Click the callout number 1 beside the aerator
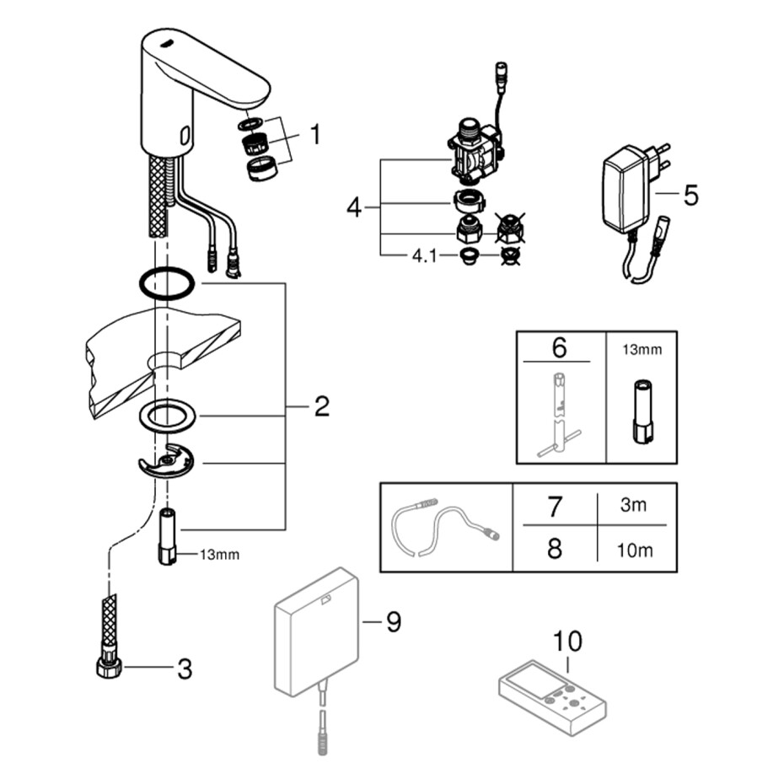(x=315, y=135)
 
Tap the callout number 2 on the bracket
(x=321, y=406)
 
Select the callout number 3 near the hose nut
(x=185, y=669)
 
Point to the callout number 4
(x=354, y=207)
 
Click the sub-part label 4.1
(x=424, y=256)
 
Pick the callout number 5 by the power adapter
(x=690, y=195)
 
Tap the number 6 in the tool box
(x=560, y=347)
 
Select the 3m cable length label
(x=633, y=505)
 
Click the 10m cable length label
(x=635, y=550)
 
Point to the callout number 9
(x=394, y=622)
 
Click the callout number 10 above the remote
(x=567, y=641)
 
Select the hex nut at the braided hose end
(x=110, y=668)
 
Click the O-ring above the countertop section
(x=167, y=283)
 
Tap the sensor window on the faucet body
(x=185, y=135)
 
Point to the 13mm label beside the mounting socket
(x=219, y=555)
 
